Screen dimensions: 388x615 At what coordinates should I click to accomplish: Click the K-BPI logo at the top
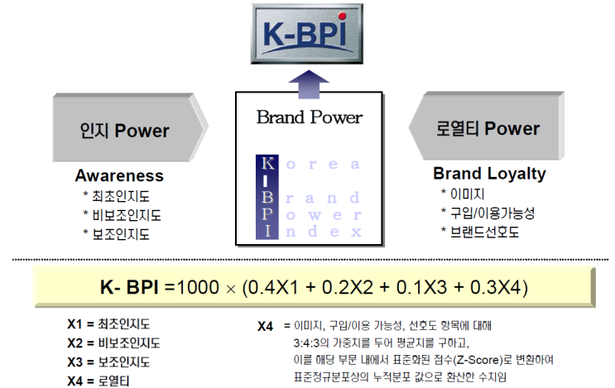click(x=308, y=34)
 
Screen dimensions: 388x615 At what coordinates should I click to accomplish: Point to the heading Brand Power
click(x=309, y=117)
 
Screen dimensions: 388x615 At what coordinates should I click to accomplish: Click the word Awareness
click(x=119, y=175)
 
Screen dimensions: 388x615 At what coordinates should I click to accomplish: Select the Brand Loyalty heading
click(x=489, y=174)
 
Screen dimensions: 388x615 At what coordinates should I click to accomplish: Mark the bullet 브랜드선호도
click(x=485, y=232)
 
